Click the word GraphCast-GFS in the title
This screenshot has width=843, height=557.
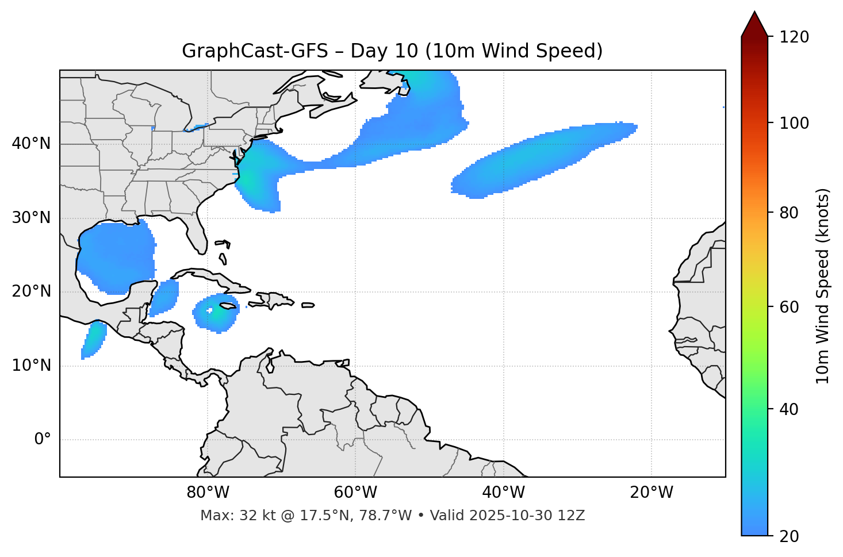pyautogui.click(x=255, y=51)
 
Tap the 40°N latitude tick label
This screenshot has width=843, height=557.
pyautogui.click(x=32, y=144)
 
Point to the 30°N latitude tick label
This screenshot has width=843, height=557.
pyautogui.click(x=32, y=218)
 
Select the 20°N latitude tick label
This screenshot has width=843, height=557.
pyautogui.click(x=32, y=291)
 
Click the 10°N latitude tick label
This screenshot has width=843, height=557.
pyautogui.click(x=32, y=366)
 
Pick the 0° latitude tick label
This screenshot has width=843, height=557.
pyautogui.click(x=43, y=440)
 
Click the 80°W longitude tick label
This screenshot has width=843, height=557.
pyautogui.click(x=208, y=493)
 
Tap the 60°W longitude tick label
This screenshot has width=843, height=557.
pyautogui.click(x=355, y=493)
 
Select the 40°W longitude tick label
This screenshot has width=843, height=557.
pyautogui.click(x=503, y=493)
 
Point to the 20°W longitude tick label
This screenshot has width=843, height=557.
pyautogui.click(x=651, y=493)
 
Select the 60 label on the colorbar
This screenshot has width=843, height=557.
pyautogui.click(x=790, y=307)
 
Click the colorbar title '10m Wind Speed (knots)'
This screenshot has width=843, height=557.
pyautogui.click(x=823, y=286)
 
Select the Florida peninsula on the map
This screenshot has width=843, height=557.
pyautogui.click(x=197, y=236)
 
